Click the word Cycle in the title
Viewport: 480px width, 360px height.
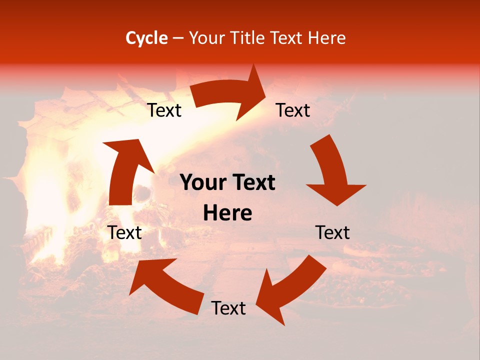146,38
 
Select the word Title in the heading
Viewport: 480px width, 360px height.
248,38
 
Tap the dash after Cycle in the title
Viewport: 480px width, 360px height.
177,38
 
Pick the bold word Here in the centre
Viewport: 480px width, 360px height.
227,213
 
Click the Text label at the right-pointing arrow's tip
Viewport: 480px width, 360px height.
293,110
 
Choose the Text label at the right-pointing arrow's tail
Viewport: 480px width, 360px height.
164,110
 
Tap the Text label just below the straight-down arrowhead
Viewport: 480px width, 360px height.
332,232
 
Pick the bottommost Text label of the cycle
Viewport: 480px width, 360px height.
228,308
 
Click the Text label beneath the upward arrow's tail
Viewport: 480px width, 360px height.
125,232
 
